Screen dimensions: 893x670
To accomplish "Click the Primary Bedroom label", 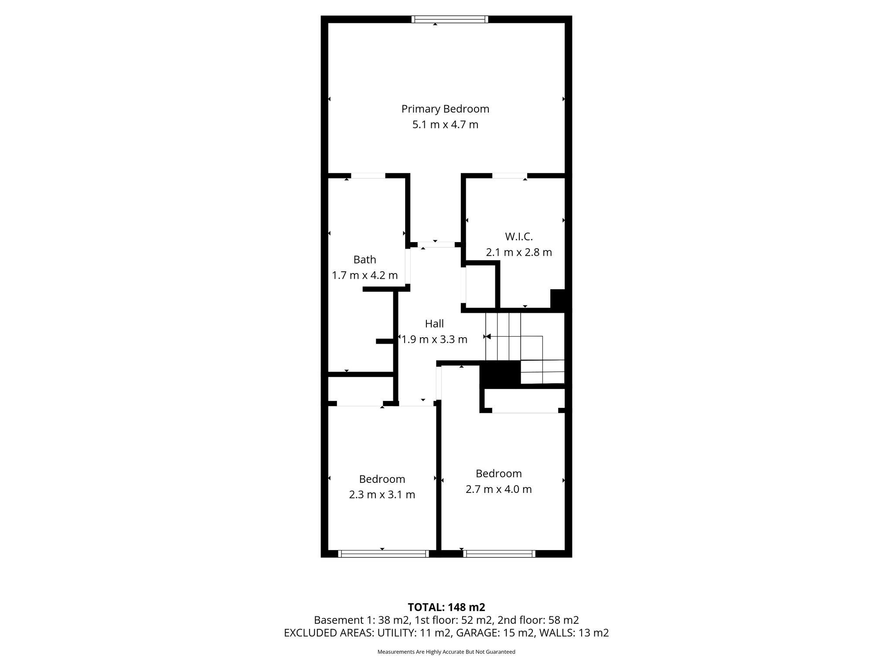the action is pos(445,109).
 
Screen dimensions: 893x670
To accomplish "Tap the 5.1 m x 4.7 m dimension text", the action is pos(445,125).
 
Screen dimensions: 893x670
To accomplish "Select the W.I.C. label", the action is pos(519,237).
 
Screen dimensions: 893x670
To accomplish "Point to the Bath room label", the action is pos(365,260).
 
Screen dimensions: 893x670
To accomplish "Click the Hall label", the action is pos(434,324).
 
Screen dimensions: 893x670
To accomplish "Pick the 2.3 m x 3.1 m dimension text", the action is pos(382,495).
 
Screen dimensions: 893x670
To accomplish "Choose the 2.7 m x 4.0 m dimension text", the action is pos(498,489).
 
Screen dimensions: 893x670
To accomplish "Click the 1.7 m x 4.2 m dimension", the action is pos(365,275).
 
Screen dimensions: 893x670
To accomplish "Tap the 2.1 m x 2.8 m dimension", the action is pos(519,252).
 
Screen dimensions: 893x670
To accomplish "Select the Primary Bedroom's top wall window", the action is pos(450,19).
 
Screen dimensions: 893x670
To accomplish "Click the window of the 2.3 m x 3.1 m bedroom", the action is pos(383,554).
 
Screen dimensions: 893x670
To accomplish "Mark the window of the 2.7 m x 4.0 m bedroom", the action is pos(499,554).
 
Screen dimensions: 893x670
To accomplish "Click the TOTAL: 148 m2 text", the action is pos(446,607).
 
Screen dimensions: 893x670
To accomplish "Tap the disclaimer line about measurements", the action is pos(446,652).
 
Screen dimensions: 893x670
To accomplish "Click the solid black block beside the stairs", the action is pos(500,374).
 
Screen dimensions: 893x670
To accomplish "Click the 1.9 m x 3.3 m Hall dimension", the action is pos(434,339).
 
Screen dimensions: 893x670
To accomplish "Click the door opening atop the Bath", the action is pos(368,176).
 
